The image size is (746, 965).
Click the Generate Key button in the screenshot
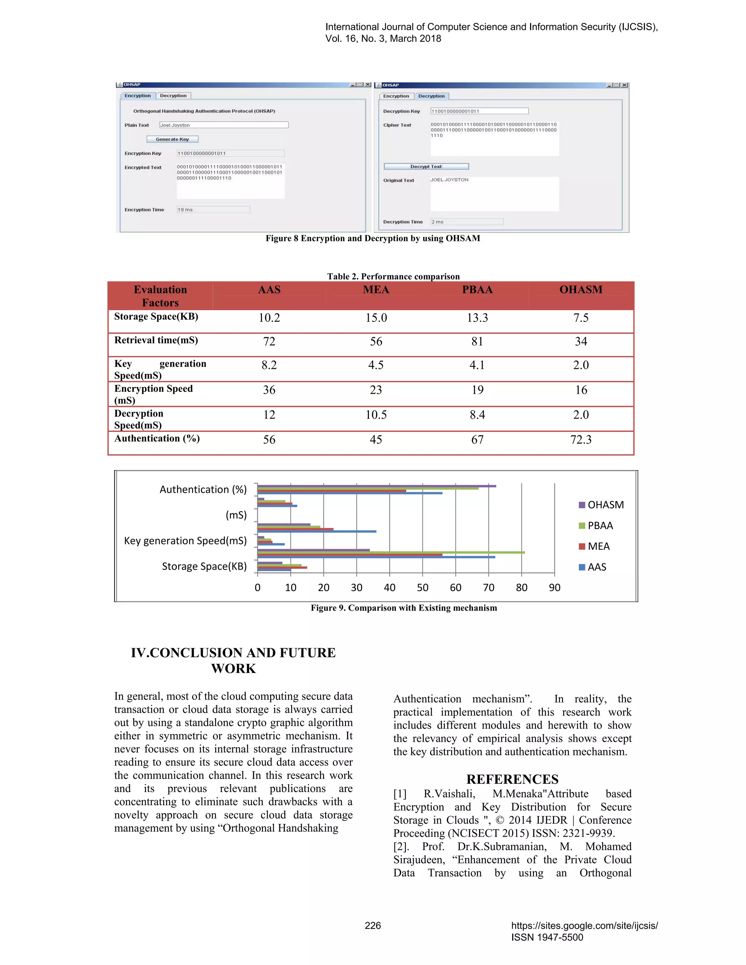[172, 139]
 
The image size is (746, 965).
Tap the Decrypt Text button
[426, 166]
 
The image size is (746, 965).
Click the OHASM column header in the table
[581, 290]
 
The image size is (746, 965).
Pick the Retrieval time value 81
[477, 342]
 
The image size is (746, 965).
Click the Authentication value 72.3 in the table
[581, 440]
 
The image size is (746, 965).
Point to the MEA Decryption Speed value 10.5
[376, 415]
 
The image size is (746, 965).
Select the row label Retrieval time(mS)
[156, 340]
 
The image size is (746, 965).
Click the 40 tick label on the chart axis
[389, 588]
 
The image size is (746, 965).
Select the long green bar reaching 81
[391, 552]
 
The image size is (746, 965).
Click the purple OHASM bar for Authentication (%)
[377, 486]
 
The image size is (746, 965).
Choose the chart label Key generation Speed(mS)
[185, 541]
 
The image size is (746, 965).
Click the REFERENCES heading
[512, 779]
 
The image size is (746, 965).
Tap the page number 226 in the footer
[373, 926]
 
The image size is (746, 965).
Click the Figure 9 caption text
[404, 608]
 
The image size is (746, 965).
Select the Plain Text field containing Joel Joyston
[224, 125]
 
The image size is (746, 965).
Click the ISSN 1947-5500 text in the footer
[547, 937]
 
